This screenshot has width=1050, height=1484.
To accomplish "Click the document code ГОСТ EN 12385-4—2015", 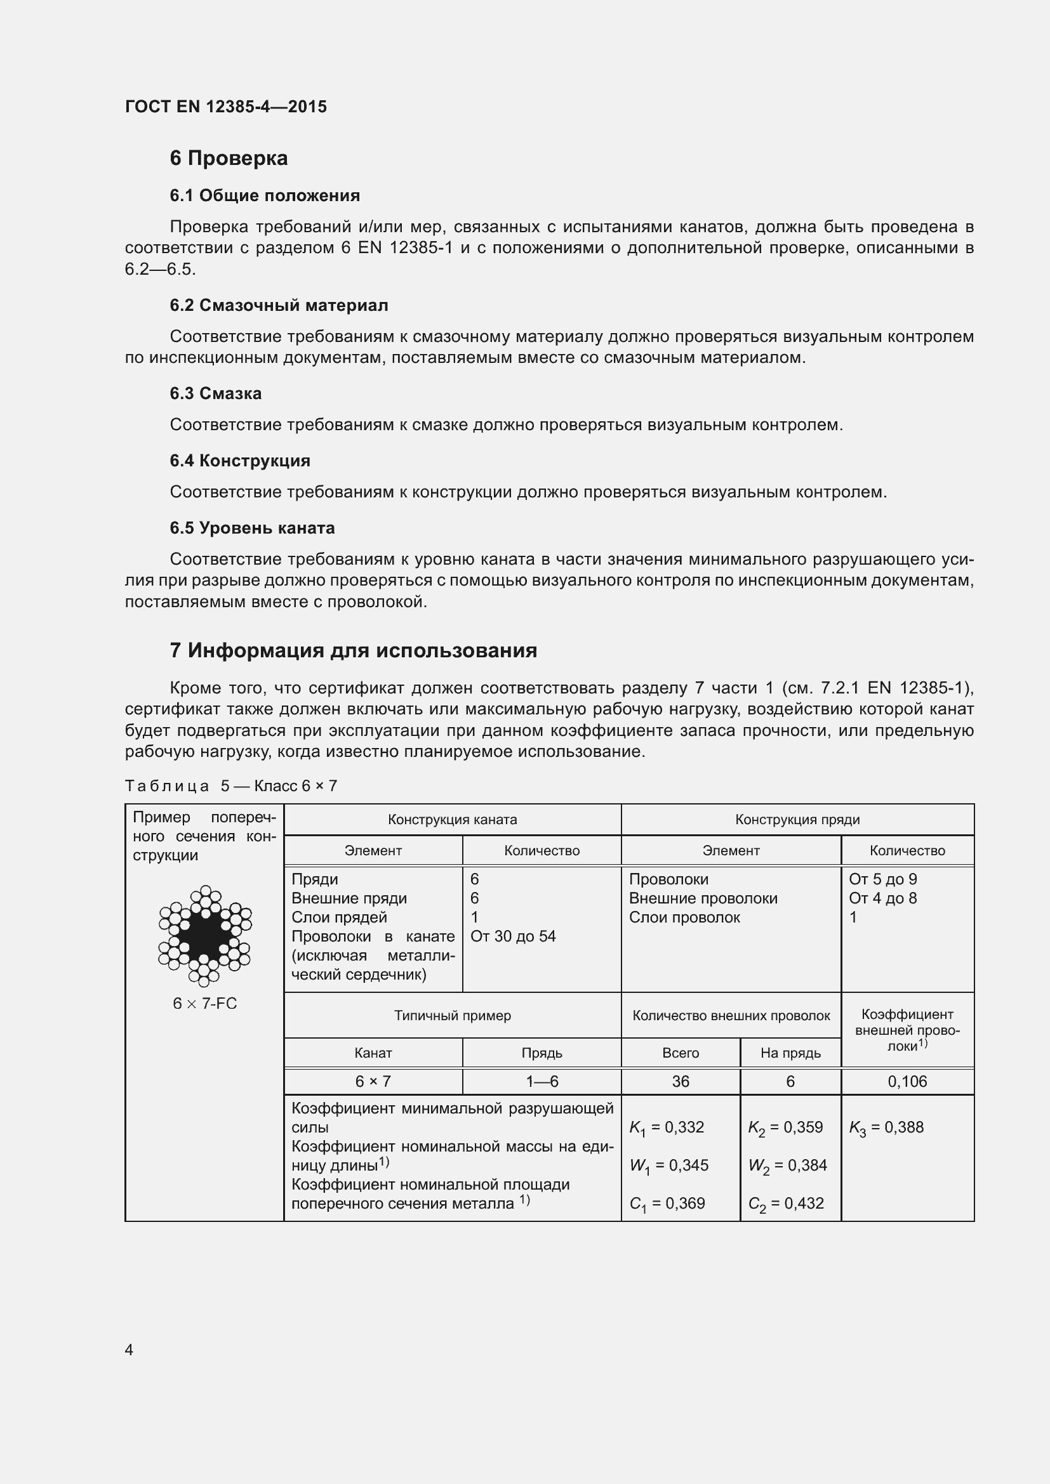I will click(x=225, y=107).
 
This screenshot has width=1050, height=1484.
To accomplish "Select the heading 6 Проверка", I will click(x=229, y=158).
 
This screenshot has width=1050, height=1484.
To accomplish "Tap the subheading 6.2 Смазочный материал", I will click(x=279, y=305).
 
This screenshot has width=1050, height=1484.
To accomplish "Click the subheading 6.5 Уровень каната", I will click(x=252, y=528).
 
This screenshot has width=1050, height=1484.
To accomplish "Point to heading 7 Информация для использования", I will click(x=353, y=650).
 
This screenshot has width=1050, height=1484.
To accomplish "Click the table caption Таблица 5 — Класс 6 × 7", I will click(x=231, y=786).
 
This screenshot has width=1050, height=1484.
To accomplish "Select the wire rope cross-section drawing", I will click(x=204, y=935).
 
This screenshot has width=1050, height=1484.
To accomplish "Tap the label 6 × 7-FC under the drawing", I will click(x=204, y=1004).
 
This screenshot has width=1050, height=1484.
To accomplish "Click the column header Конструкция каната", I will click(x=452, y=820).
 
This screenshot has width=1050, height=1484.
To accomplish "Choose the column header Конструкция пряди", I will click(x=797, y=820).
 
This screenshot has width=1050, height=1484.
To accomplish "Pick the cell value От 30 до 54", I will click(x=513, y=936).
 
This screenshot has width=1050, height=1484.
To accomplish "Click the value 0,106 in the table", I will click(x=907, y=1081).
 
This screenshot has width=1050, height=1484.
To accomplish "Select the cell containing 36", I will click(x=680, y=1081).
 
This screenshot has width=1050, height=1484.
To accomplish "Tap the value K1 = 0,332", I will click(x=667, y=1128).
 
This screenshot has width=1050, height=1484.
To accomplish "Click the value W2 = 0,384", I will click(x=785, y=1166).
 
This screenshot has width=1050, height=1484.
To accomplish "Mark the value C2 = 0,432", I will click(x=785, y=1204).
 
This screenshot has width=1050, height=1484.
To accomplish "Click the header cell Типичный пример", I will click(x=452, y=1015).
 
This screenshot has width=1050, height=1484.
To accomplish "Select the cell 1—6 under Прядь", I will click(x=541, y=1081).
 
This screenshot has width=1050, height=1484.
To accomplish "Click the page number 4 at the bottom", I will click(x=129, y=1349).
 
